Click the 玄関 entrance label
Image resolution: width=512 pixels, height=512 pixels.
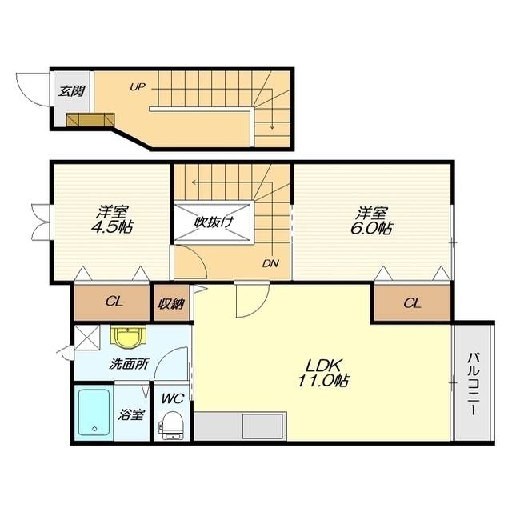pyautogui.click(x=71, y=90)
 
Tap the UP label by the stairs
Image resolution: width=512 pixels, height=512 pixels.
pyautogui.click(x=138, y=87)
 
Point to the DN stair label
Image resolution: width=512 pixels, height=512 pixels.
pyautogui.click(x=270, y=263)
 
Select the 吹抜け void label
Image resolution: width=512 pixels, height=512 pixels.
pyautogui.click(x=214, y=222)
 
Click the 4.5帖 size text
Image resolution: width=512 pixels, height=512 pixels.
pyautogui.click(x=112, y=227)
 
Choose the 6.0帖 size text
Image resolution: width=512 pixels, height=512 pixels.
pyautogui.click(x=372, y=228)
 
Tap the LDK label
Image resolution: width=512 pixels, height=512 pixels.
pyautogui.click(x=323, y=366)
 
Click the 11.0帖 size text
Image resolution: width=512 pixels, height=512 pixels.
pyautogui.click(x=322, y=381)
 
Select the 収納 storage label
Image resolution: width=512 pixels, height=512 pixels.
pyautogui.click(x=172, y=304)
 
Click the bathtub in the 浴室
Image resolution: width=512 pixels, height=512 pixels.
pyautogui.click(x=94, y=412)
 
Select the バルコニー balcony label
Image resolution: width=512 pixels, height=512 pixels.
pyautogui.click(x=473, y=384)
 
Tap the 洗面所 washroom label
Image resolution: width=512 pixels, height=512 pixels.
pyautogui.click(x=130, y=364)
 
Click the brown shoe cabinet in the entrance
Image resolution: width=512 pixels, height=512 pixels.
pyautogui.click(x=90, y=119)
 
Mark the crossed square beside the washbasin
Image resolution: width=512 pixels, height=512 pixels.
pyautogui.click(x=87, y=338)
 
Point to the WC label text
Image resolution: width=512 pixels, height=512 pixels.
pyautogui.click(x=174, y=398)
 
